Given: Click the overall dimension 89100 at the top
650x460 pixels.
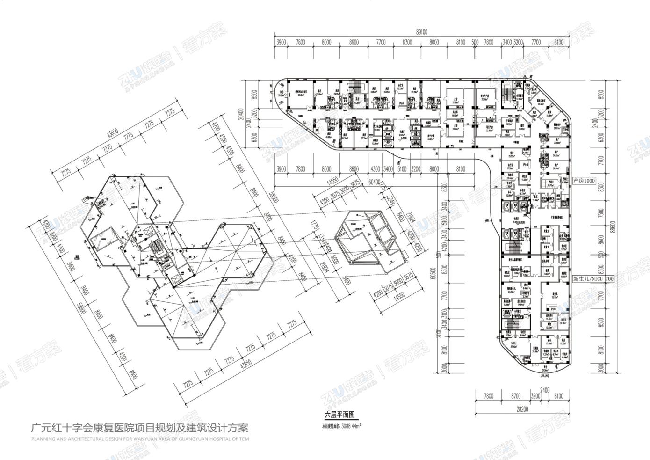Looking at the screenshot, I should coord(421,32).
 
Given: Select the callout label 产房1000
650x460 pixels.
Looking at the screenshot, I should coord(585,180).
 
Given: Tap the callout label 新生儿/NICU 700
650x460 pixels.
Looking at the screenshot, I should coord(592,279).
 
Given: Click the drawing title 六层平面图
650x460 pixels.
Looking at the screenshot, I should coord(340,415).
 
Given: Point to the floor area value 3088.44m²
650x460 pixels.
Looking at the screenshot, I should coord(351,426).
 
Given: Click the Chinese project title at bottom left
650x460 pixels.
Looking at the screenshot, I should coord(140,428).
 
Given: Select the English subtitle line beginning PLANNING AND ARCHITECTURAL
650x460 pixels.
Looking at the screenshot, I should coord(140,439).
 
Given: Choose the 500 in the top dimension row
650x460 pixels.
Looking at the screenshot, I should coord(475,42).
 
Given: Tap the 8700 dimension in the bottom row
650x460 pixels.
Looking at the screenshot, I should coord(515,396).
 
